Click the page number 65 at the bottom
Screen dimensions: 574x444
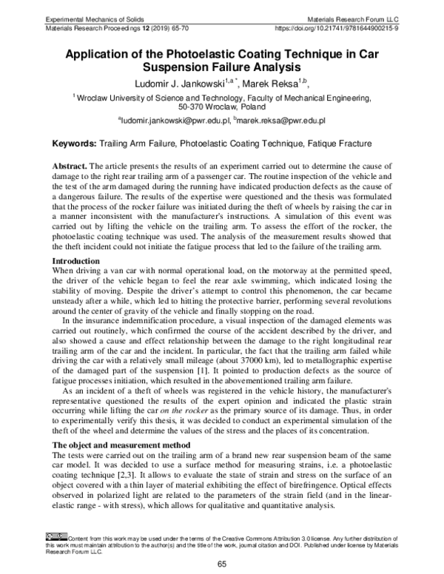coord(221,565)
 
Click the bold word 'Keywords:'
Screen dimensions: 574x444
coord(78,142)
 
